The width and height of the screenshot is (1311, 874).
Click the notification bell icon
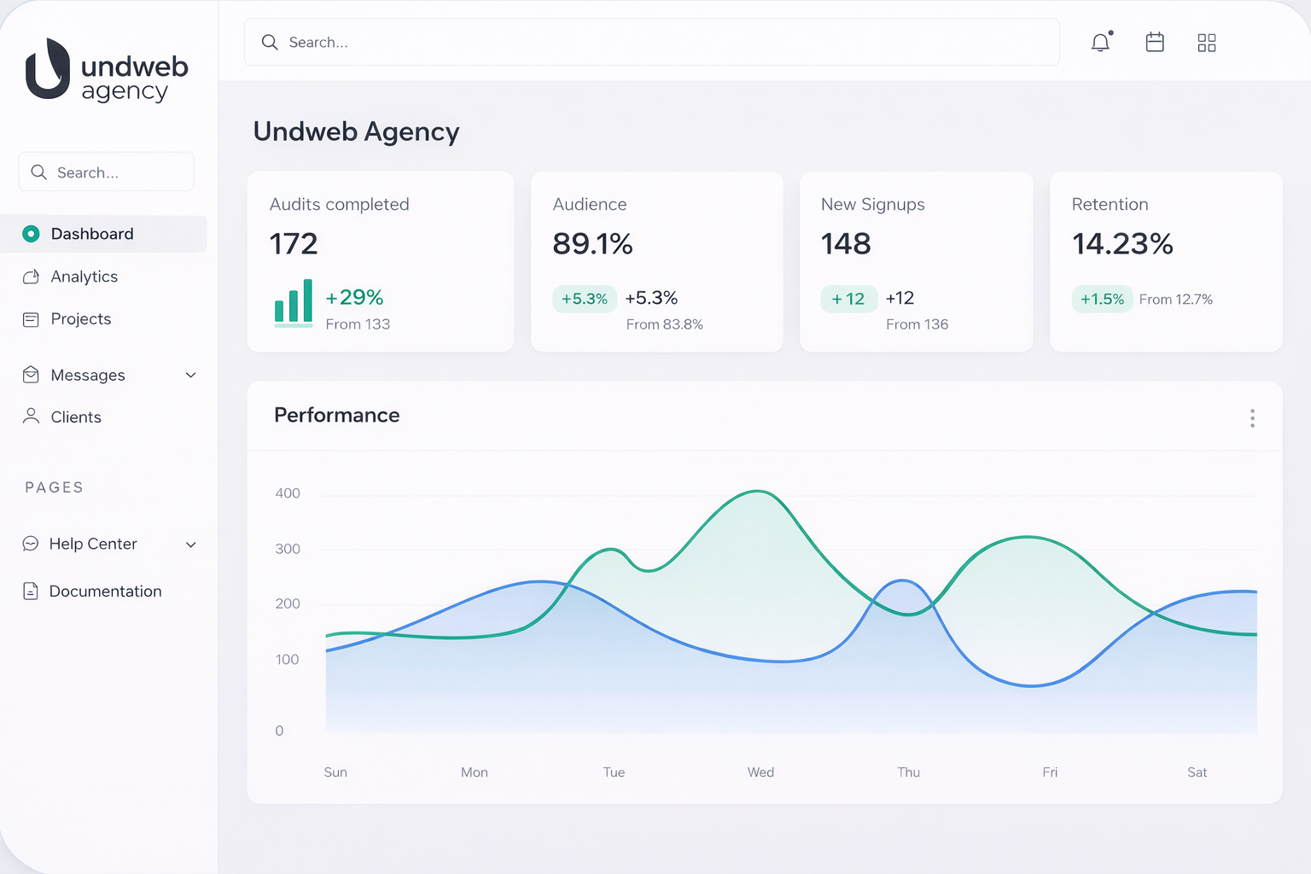1101,43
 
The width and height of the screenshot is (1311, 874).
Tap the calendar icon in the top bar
1155,43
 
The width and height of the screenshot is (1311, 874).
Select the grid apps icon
1207,43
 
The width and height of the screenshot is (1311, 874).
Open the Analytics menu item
84,277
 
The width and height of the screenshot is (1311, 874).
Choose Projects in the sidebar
80,319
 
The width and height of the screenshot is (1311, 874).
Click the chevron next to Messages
191,376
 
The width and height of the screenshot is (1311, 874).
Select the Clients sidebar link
75,417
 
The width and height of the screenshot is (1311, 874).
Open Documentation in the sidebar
104,591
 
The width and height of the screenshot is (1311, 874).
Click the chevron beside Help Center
191,545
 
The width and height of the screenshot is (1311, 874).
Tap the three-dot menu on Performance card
1252,418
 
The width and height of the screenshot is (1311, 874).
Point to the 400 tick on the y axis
288,493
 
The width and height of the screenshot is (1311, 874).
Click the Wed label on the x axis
760,772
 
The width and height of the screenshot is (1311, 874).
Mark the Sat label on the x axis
1197,772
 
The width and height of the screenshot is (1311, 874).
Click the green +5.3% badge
585,299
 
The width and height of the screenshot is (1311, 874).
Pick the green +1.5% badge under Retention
1102,300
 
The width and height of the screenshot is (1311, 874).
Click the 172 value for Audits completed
294,244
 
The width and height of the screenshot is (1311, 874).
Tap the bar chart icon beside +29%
294,302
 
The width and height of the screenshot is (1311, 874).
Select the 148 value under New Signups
846,244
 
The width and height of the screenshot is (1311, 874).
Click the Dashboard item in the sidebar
91,234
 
